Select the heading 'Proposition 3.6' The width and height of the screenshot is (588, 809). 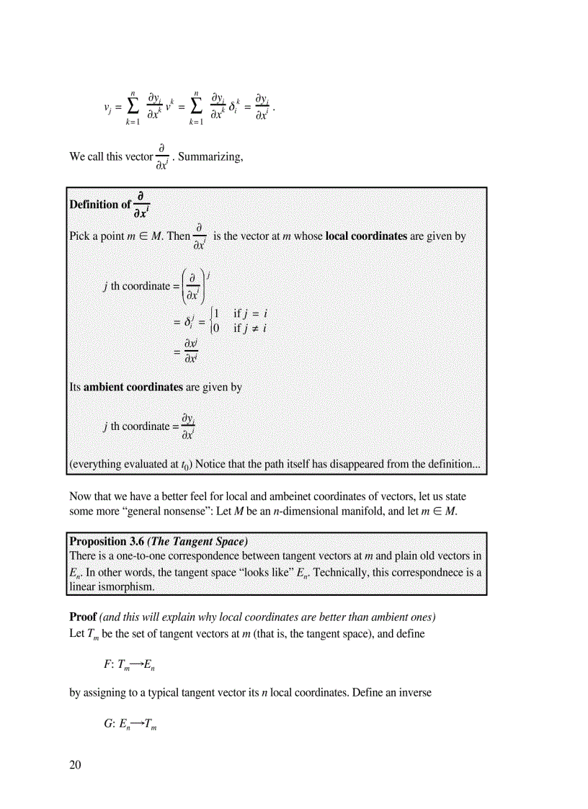coord(107,540)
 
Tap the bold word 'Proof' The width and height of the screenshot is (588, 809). coord(82,617)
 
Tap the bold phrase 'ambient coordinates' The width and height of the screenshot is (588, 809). coord(133,387)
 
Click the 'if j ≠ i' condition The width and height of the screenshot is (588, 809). coord(251,328)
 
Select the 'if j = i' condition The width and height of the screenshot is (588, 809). coord(251,314)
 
